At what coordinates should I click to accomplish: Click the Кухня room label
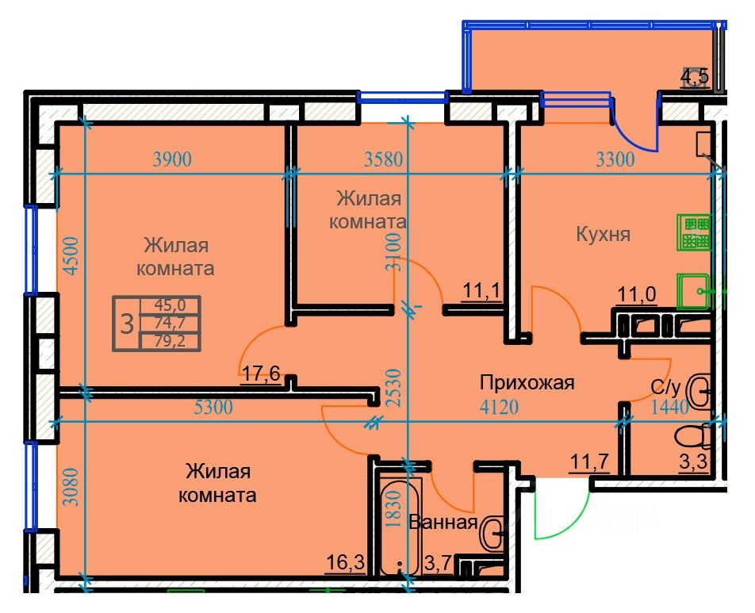pos(603,235)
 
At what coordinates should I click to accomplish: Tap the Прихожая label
pos(527,383)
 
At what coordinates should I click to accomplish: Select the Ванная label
pos(443,523)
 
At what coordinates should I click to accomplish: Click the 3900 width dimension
pos(172,159)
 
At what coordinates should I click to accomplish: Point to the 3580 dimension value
pos(383,159)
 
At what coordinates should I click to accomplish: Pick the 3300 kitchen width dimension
pos(615,159)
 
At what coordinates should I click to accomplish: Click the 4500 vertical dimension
pos(71,255)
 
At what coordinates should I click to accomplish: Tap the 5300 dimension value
pos(213,408)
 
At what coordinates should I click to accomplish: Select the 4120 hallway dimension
pos(500,408)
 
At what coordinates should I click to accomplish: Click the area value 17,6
pos(261,374)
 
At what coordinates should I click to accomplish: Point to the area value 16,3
pos(346,562)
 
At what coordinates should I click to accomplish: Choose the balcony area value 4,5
pos(695,77)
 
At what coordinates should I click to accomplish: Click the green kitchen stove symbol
pos(693,232)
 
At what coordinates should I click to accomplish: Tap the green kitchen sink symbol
pos(693,291)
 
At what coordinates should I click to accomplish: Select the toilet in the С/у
pos(693,437)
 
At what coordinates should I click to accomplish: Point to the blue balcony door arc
pos(632,135)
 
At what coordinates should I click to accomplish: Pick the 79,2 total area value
pos(170,342)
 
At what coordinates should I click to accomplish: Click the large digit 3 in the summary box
pos(126,324)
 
